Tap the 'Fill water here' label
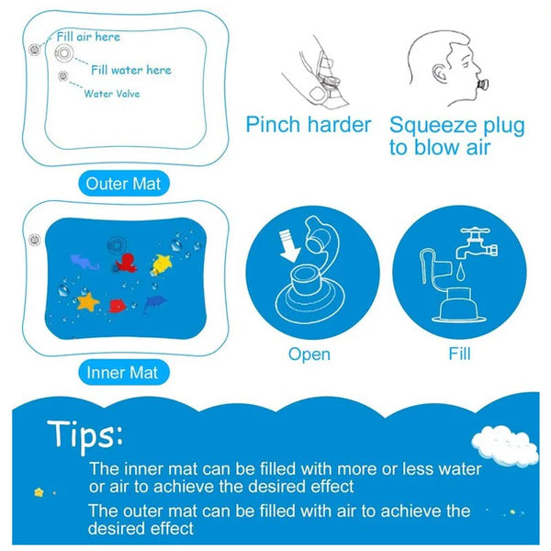tap(130, 69)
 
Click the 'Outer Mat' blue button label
tap(122, 184)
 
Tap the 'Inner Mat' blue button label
tap(122, 373)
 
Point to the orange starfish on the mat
tap(89, 302)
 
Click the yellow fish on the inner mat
tap(163, 265)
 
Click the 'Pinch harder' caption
tap(308, 125)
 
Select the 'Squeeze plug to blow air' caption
tap(456, 135)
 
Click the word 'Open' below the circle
tap(309, 354)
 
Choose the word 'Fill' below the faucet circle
tap(460, 353)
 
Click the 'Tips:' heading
tap(86, 433)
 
